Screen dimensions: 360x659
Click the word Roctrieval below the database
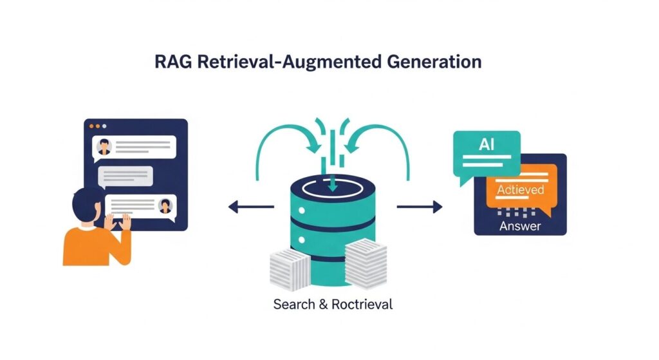(x=362, y=304)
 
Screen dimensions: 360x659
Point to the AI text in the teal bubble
(x=487, y=145)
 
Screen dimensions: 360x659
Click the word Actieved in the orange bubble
(x=520, y=189)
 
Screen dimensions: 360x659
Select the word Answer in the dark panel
(x=520, y=226)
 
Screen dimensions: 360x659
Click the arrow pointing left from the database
(x=251, y=207)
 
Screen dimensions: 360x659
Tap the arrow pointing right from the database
(x=420, y=207)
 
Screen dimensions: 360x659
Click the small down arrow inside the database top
(x=332, y=185)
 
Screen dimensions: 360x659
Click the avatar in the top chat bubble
(x=104, y=148)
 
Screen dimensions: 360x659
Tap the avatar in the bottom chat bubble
(x=165, y=206)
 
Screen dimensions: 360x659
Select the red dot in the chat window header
(x=93, y=126)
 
